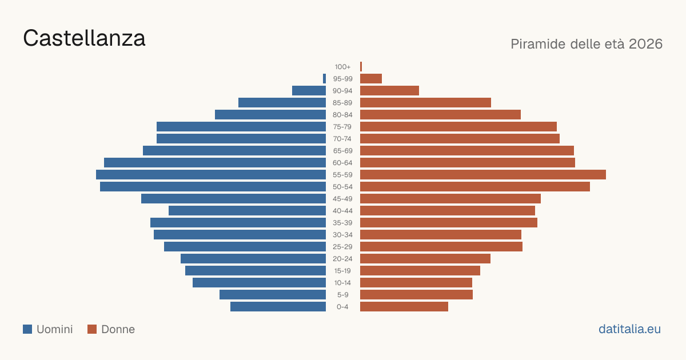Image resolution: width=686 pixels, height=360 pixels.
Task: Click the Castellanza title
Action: point(84,38)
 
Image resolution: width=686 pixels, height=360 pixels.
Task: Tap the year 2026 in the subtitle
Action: point(645,44)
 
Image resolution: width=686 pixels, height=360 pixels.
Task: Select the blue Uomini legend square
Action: point(27,329)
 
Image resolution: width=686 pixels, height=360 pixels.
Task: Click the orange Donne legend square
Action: point(92,329)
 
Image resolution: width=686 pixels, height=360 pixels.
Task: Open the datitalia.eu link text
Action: point(629,329)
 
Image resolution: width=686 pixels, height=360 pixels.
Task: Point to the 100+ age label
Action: point(342,67)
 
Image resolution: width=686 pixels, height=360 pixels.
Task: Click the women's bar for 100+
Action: point(361,67)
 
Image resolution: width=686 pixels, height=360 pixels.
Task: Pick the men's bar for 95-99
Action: point(324,79)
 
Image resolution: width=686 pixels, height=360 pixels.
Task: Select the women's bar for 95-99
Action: point(371,79)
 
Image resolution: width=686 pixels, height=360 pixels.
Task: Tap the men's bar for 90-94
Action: point(309,91)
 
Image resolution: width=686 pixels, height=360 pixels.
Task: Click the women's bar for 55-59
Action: point(483,174)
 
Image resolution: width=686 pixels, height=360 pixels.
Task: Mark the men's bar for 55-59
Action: point(211,174)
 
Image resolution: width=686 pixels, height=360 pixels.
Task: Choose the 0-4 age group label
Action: point(342,307)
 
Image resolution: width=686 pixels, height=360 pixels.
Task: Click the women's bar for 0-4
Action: point(404,307)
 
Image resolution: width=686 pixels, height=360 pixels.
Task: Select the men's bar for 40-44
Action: point(247,211)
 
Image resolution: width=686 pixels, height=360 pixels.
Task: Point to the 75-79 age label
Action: point(342,127)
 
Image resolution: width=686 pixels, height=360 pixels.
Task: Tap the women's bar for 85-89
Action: point(426,102)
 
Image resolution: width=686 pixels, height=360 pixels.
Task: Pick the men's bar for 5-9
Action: point(273,294)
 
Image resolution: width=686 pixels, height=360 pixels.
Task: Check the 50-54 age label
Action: point(342,187)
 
